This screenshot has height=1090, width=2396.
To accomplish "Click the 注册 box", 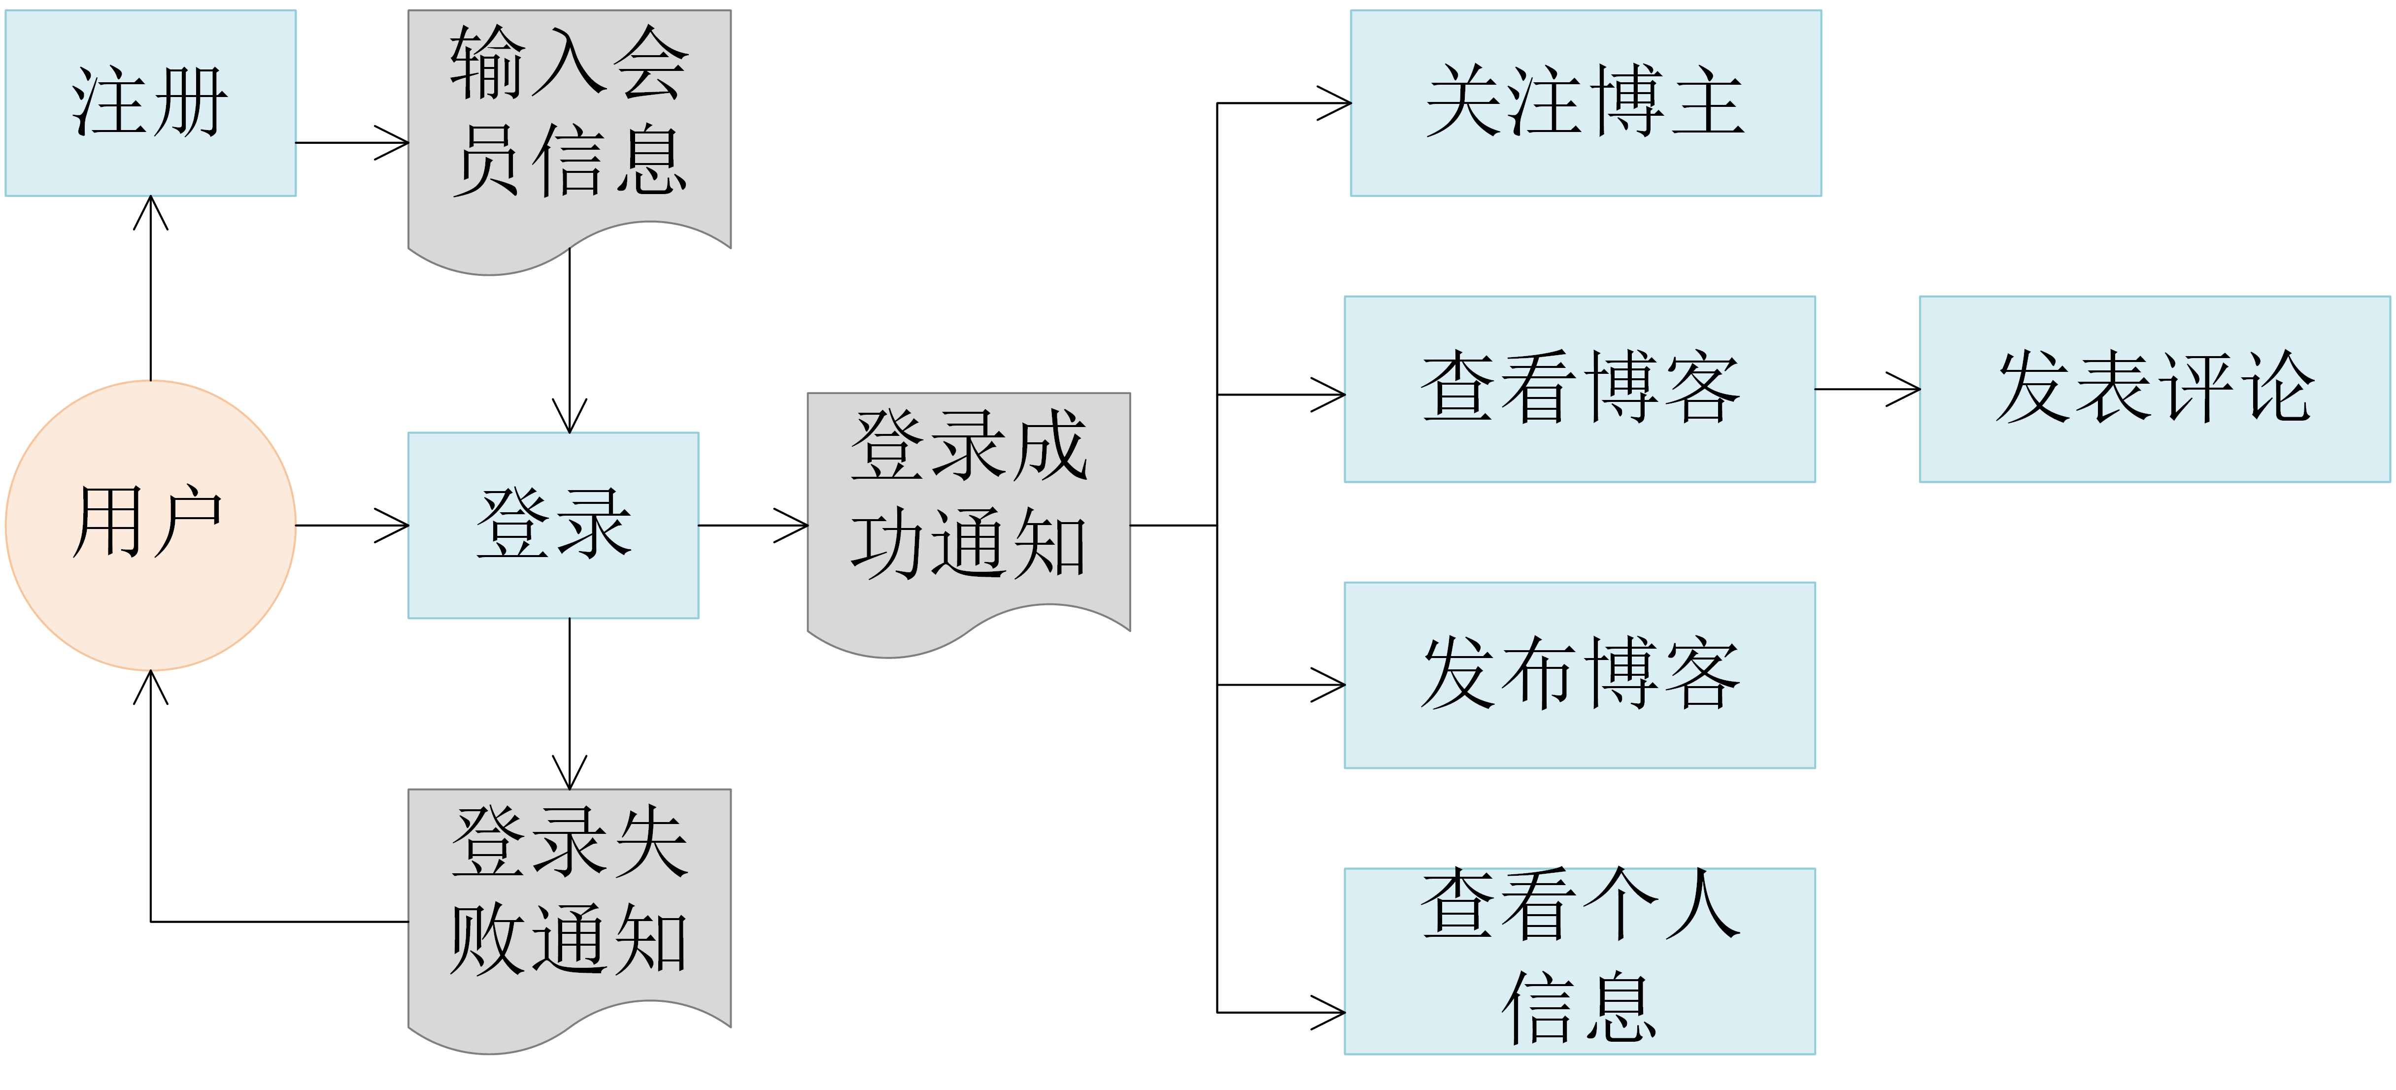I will coord(151,102).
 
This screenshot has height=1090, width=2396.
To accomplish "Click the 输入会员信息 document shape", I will coord(569,121).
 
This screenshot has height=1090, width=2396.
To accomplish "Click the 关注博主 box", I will coord(1585,102).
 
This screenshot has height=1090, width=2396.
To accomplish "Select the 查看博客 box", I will coord(1580,389).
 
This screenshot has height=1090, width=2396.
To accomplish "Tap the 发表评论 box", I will coord(2154,389).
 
